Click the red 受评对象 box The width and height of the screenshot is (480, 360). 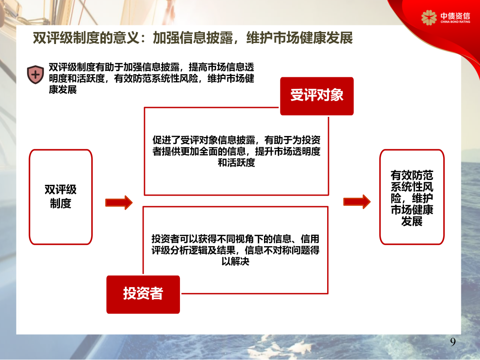tap(316, 96)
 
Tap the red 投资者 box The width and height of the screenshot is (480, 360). tap(143, 294)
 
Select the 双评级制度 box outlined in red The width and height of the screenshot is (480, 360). tap(60, 196)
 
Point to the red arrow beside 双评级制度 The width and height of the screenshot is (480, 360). tap(119, 203)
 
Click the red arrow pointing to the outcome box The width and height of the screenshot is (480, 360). tap(356, 201)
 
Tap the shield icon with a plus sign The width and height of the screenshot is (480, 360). tap(35, 74)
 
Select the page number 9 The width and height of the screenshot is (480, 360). tap(453, 342)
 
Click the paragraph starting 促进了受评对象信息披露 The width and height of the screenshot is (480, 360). tap(236, 152)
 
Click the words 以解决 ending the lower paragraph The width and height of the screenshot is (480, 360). tap(236, 262)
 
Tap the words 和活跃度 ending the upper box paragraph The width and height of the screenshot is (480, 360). tap(236, 163)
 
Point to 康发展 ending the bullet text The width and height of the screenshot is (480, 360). tap(63, 89)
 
